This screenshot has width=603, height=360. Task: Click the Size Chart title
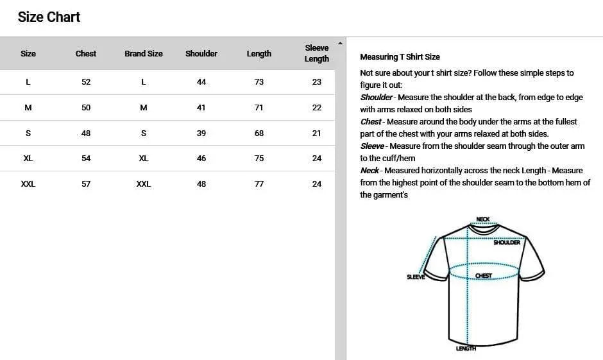[x=49, y=17]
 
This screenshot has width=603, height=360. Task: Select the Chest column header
[x=86, y=54]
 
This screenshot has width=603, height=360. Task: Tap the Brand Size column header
[x=144, y=54]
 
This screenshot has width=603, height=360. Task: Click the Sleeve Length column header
[x=316, y=53]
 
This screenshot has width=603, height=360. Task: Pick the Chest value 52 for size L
[x=86, y=82]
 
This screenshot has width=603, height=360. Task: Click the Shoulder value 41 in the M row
[x=201, y=108]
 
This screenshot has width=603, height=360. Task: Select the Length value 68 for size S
[x=259, y=133]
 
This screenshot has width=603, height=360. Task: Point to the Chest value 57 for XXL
[x=86, y=184]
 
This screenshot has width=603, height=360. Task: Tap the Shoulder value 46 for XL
[x=201, y=159]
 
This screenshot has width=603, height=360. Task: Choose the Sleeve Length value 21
[x=316, y=133]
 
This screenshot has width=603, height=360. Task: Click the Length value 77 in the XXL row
[x=259, y=184]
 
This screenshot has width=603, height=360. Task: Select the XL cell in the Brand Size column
[x=144, y=159]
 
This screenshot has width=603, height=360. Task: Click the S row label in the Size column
[x=28, y=133]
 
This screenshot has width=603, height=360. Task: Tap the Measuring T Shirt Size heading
[x=400, y=57]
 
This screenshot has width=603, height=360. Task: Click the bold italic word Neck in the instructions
[x=369, y=171]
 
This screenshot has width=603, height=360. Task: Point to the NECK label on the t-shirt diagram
[x=483, y=219]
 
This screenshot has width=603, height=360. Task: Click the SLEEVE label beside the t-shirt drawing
[x=416, y=277]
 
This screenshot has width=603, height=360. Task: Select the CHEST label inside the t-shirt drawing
[x=484, y=276]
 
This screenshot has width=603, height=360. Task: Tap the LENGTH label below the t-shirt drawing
[x=466, y=348]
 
